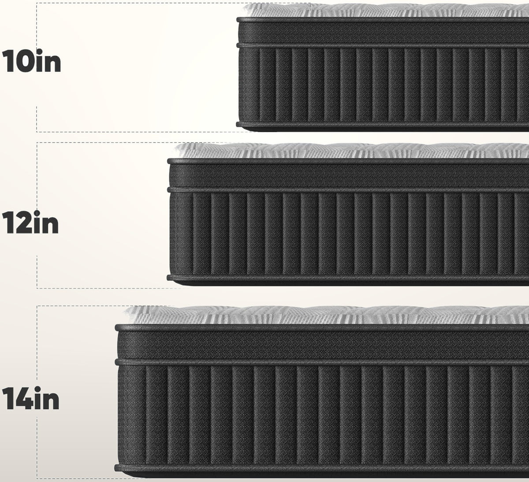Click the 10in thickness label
click(32, 61)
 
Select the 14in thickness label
click(30, 398)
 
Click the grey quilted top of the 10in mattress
click(385, 11)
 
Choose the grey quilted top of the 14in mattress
click(327, 315)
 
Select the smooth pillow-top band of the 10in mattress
click(384, 33)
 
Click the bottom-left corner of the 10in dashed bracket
click(37, 132)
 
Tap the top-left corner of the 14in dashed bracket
click(37, 306)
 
